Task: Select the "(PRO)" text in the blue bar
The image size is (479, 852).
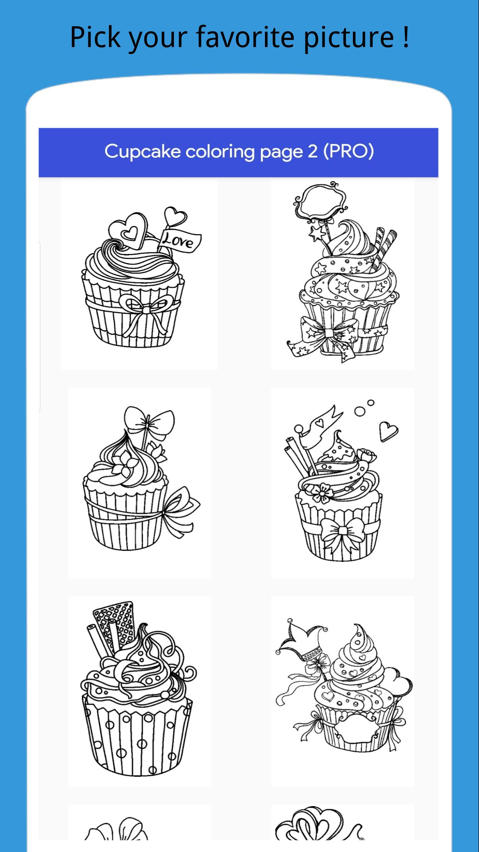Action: coord(348,151)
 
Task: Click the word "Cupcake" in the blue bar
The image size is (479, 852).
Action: coord(143,152)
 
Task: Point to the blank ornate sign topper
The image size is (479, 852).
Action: coord(319,202)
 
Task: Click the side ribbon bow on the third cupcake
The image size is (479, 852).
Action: coord(180,511)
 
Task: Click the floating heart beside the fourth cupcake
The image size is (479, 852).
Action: coord(388,431)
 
